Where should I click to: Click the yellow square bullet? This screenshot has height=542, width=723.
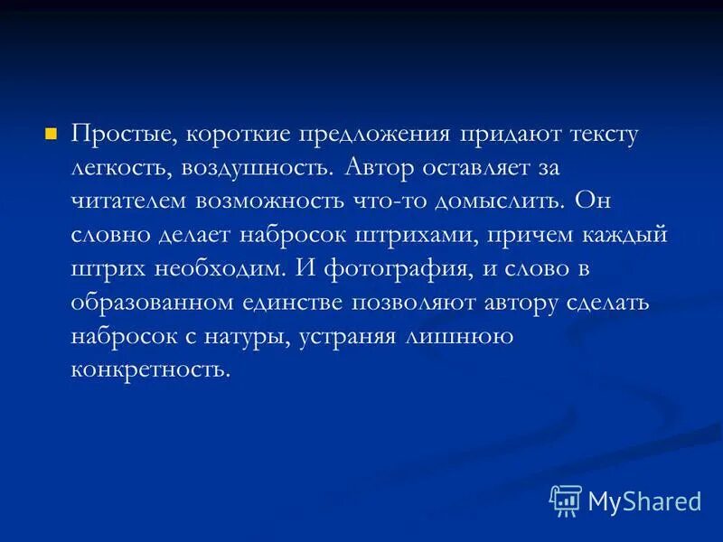(x=51, y=134)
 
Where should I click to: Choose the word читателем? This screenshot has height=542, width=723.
(x=130, y=201)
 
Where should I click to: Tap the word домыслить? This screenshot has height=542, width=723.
(x=523, y=201)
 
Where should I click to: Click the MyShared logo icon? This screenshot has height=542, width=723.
(x=566, y=500)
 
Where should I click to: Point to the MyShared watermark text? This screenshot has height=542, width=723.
(x=644, y=500)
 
